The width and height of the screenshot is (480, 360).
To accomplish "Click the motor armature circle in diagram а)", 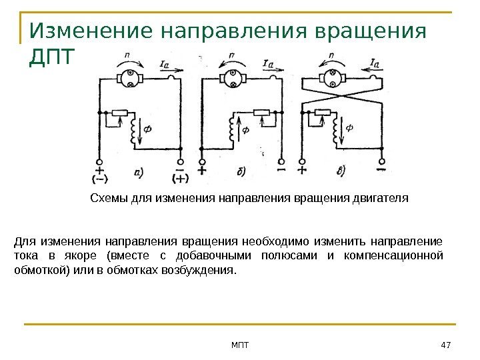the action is click(131, 79).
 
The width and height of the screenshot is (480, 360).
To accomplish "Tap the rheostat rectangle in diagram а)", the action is click(119, 113).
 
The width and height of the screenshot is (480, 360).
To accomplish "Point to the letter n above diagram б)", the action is click(231, 56).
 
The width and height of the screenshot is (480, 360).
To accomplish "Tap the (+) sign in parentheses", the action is click(181, 178).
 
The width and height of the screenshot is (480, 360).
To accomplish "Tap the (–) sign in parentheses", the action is click(100, 178).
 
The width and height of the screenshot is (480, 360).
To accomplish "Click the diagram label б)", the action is click(241, 172).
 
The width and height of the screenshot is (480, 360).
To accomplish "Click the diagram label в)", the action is click(341, 172).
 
